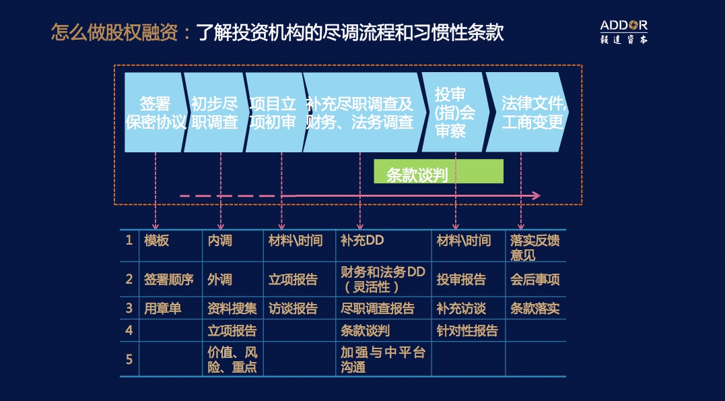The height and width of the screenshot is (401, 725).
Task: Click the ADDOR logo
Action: pos(624,32)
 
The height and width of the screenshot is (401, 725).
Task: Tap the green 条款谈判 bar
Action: pos(438,171)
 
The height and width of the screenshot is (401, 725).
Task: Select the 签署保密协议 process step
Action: pos(156,112)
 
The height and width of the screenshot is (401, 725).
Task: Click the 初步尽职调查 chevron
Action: pos(215,112)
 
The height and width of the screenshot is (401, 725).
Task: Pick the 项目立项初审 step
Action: pos(274,112)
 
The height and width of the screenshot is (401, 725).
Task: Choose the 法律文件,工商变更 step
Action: pos(527,112)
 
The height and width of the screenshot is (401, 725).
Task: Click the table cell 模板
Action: pos(156,241)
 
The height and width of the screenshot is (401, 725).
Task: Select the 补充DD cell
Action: pos(362,241)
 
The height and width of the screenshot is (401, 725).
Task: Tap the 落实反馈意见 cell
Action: pos(535,247)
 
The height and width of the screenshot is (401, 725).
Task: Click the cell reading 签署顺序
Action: pos(169,279)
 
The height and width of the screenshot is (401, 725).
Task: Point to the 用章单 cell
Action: pos(162,309)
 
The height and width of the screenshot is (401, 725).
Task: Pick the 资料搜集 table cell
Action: pos(232,309)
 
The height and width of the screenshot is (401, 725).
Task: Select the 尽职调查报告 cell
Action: pos(377,309)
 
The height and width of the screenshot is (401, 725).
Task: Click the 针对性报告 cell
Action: pos(467,331)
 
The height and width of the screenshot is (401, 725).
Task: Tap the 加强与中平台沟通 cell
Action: pos(383,360)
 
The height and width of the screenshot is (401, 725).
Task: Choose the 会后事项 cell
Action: pos(535,279)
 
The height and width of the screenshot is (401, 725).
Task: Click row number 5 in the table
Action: pos(129,359)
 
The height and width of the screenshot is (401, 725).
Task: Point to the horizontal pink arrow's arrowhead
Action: pos(536,196)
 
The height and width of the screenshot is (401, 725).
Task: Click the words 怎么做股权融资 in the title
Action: pos(114,32)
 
